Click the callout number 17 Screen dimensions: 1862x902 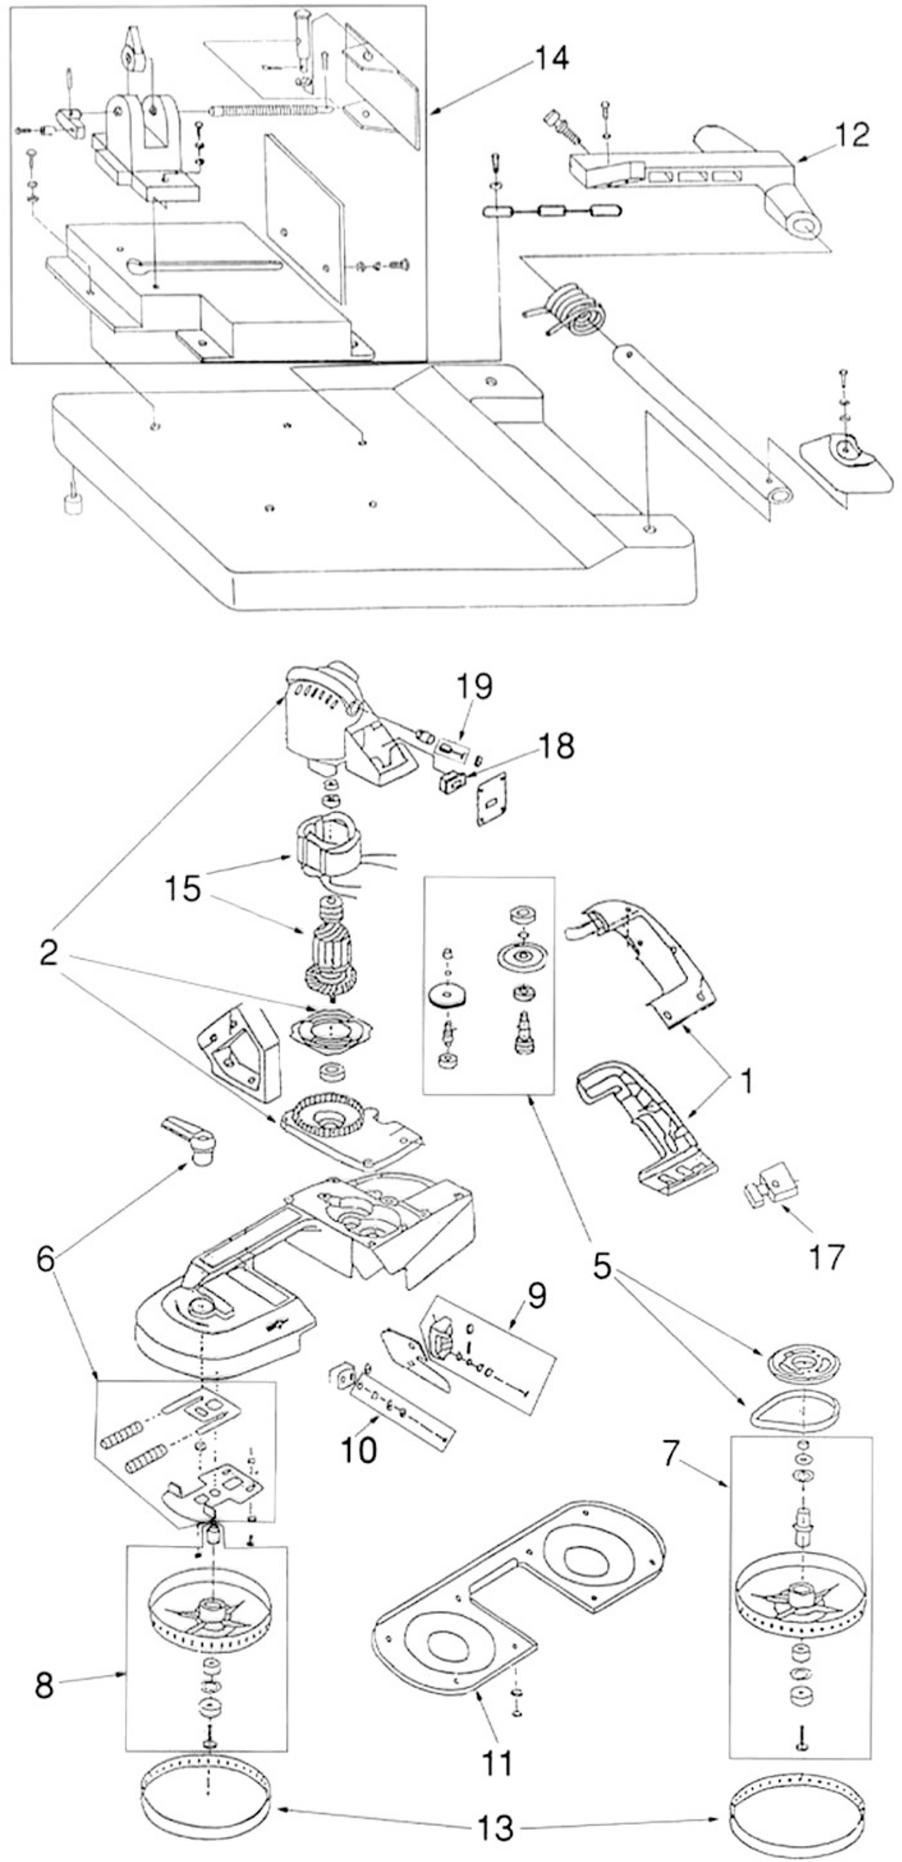pos(825,1258)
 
